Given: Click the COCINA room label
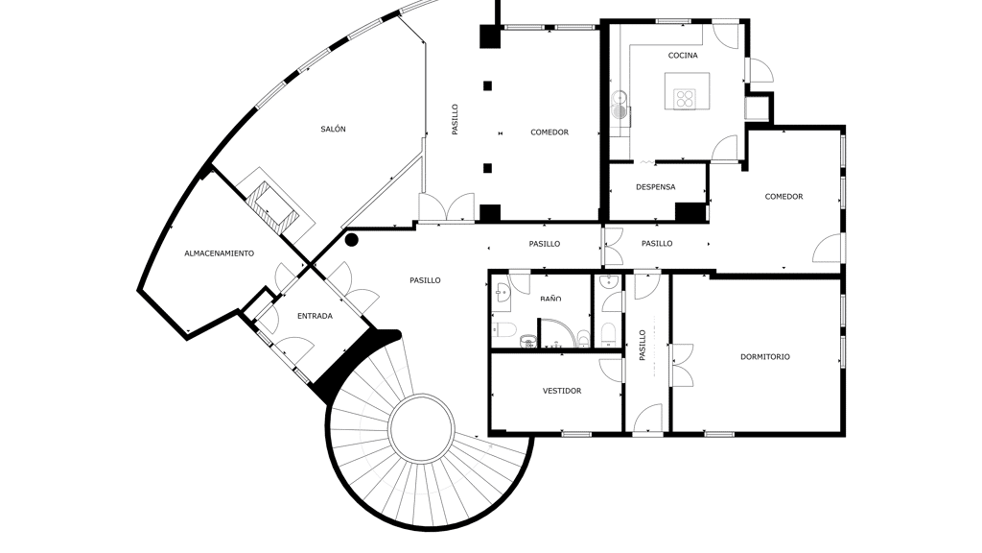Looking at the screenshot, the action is (683, 55).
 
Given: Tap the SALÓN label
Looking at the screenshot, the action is (333, 130).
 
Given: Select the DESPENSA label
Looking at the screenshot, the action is (656, 187).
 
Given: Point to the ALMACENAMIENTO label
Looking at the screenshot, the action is (220, 253).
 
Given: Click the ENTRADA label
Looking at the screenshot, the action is (315, 316).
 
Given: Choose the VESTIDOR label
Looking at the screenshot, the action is (562, 391).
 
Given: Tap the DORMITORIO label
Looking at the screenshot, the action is (765, 357).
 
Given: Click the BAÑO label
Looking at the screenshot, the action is (550, 299).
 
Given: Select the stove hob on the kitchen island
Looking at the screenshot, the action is (685, 99).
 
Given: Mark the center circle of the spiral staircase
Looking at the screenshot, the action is (421, 429).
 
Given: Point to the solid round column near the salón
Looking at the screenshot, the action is (352, 239).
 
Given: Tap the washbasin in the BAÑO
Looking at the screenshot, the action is (503, 292).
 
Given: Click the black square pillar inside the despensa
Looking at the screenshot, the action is (690, 212).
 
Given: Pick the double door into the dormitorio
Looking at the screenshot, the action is (682, 364).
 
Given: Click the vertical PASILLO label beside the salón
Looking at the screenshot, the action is (456, 119).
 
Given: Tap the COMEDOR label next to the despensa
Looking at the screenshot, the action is (783, 197).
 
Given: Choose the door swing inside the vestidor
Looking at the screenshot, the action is (611, 370).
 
